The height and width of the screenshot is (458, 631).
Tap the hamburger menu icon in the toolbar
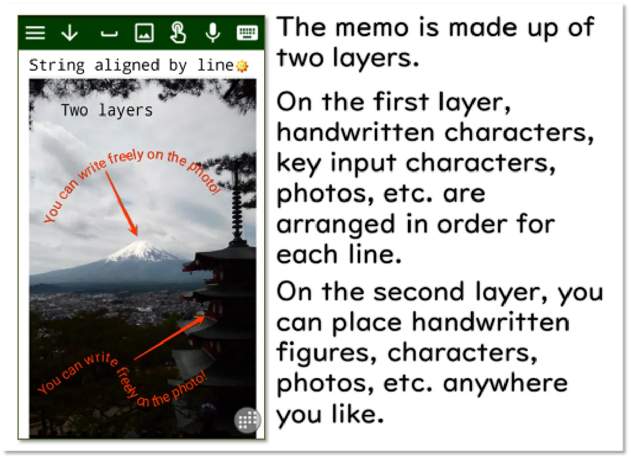(35, 33)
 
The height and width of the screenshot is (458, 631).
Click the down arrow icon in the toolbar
(70, 33)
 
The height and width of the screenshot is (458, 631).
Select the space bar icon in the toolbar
(109, 34)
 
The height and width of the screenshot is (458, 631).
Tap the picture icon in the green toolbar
(144, 33)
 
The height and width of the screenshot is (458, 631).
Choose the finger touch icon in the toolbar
(178, 33)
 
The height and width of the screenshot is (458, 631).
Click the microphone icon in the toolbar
(213, 33)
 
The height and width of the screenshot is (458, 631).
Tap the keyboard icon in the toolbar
(247, 33)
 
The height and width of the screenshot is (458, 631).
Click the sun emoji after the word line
(242, 66)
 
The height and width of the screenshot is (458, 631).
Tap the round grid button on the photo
(247, 420)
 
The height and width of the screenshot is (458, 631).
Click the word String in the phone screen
(56, 66)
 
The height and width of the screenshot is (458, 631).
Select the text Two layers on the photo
(107, 110)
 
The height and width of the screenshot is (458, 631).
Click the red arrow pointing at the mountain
(121, 204)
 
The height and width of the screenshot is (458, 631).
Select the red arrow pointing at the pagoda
(170, 337)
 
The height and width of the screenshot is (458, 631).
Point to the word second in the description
(419, 292)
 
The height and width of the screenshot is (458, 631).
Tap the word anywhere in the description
(506, 383)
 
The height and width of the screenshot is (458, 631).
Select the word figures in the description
(327, 353)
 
